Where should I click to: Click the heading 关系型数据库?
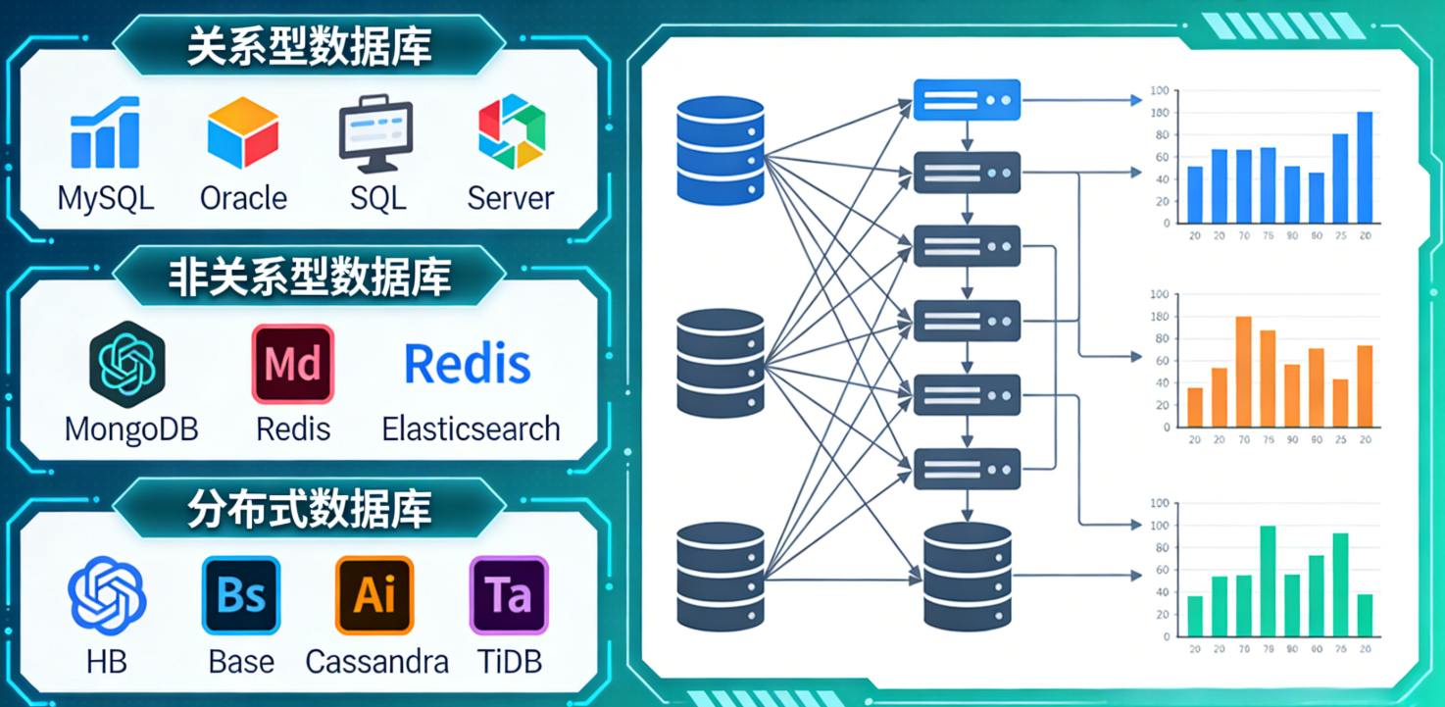coord(310,45)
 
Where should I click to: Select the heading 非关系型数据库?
coord(310,277)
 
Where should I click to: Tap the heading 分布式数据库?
coord(310,508)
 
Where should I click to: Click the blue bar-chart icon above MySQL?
coord(105,133)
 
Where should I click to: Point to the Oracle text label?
coord(243,198)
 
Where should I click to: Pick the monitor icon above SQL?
coord(376,133)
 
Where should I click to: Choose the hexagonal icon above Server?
coord(511,131)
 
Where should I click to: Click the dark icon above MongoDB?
coord(127,365)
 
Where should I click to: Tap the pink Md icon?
coord(293,365)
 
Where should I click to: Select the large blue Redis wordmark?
coord(468,365)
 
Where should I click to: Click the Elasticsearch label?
coord(471,429)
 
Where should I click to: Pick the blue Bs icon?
coord(241,595)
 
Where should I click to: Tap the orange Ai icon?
coord(374,595)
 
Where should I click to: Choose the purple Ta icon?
coord(508,595)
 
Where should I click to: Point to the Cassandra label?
coord(376,662)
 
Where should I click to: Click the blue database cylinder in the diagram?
coord(721,149)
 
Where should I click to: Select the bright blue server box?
coord(967,100)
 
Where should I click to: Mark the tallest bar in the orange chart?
coord(1243,372)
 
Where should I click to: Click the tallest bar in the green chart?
coord(1268,581)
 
